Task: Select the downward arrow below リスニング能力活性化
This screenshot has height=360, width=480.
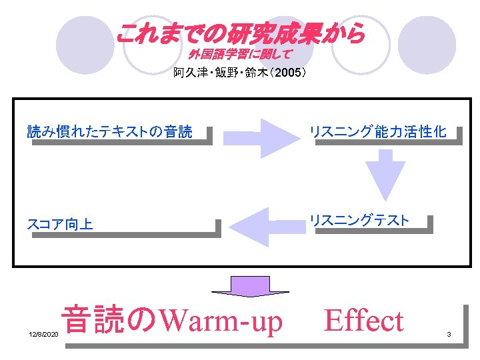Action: (389, 175)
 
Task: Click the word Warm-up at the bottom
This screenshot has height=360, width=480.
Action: (222, 321)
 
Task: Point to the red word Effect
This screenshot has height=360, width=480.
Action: (363, 321)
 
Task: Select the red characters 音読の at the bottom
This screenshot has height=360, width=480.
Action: (110, 319)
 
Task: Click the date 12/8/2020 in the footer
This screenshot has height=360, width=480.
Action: (44, 334)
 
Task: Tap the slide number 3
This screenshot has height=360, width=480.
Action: (449, 334)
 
